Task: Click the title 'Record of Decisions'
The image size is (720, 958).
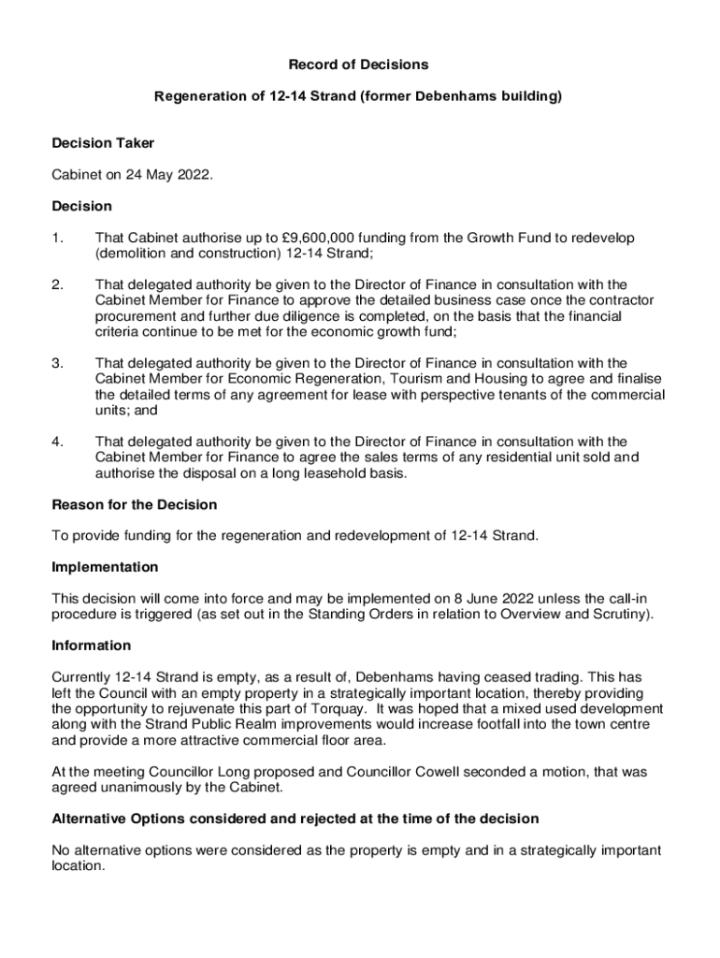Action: [358, 65]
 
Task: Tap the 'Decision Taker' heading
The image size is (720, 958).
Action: [103, 143]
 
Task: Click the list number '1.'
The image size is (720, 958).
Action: [58, 238]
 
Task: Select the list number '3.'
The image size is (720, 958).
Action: [58, 363]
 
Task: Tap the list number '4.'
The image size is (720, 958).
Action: [58, 442]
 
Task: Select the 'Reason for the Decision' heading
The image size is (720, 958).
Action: [135, 505]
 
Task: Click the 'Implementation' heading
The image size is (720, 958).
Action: [105, 568]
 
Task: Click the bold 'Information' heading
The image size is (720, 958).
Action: [92, 646]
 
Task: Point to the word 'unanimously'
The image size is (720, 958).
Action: [131, 788]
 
